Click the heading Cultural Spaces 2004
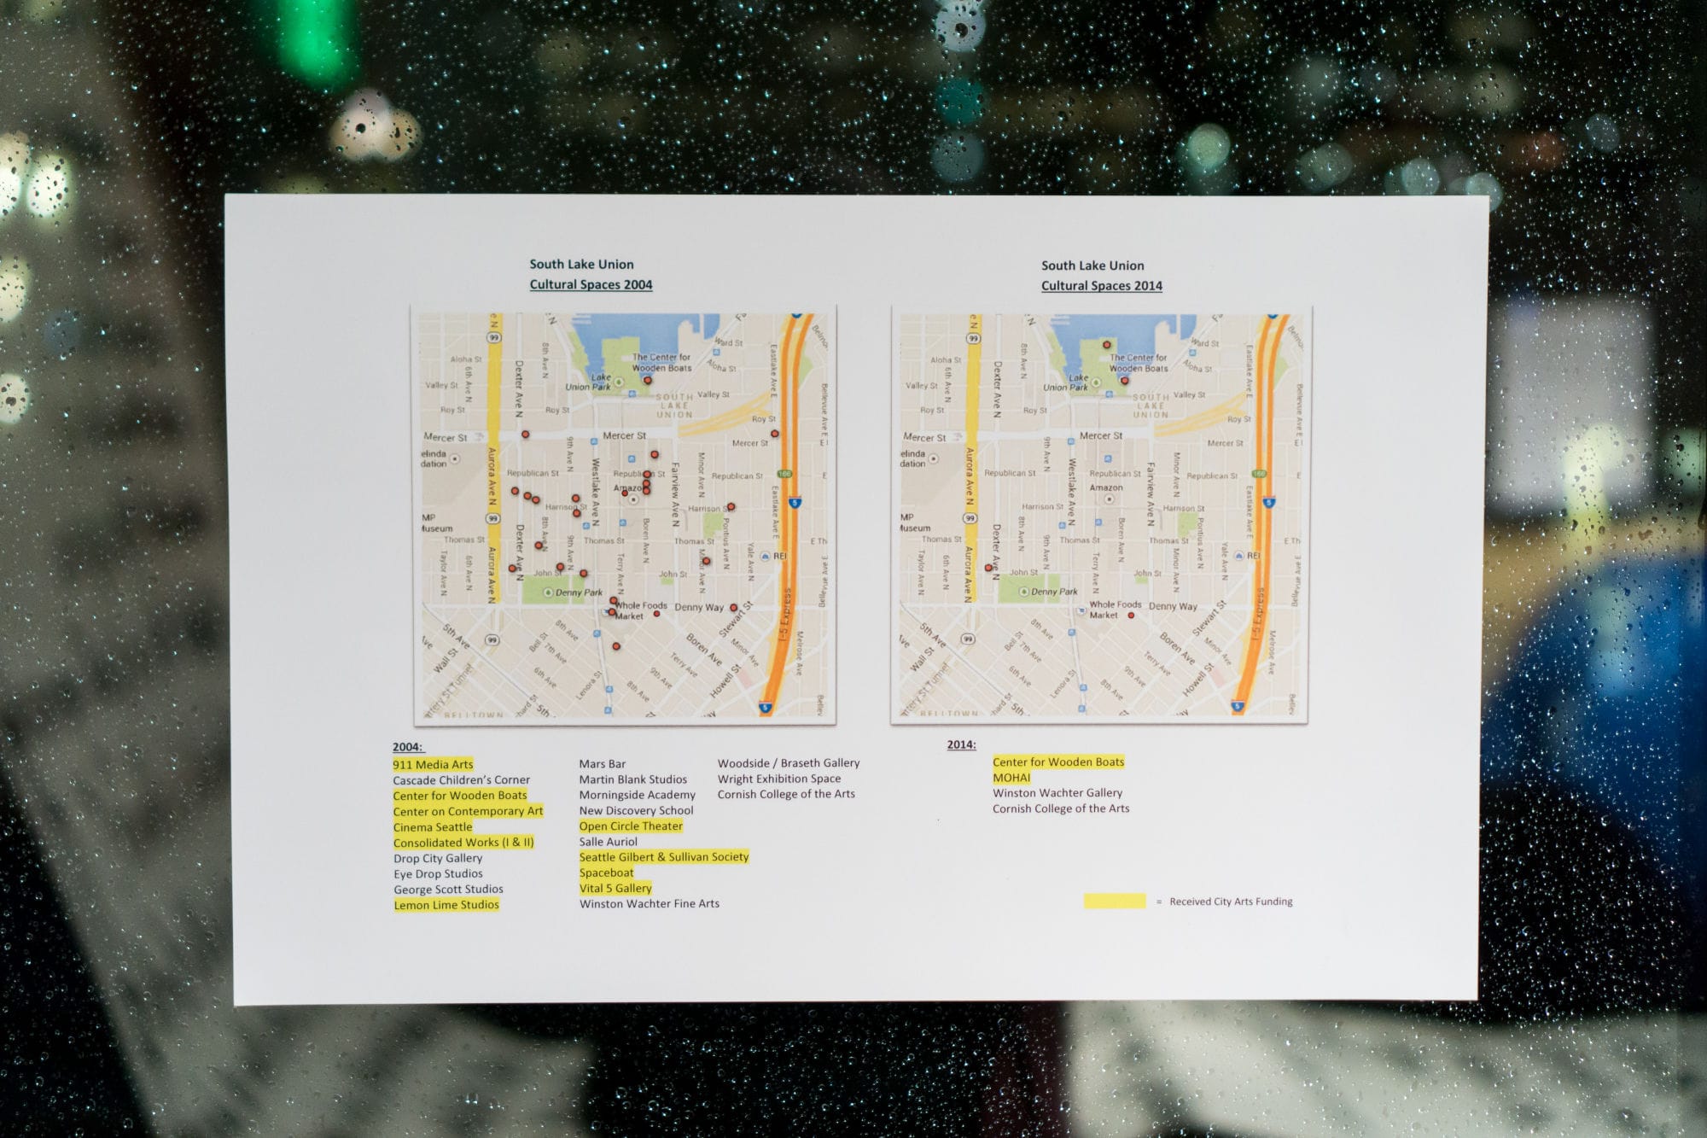click(591, 284)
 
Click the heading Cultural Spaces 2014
click(1101, 285)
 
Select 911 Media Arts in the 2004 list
click(433, 764)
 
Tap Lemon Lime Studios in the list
click(446, 905)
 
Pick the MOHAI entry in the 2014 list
click(1011, 778)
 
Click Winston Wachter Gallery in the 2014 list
click(1057, 793)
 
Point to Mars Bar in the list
click(602, 764)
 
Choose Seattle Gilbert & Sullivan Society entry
click(663, 857)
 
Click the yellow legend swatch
click(1114, 902)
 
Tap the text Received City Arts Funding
click(1231, 902)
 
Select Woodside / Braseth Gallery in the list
click(788, 763)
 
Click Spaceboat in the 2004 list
click(606, 872)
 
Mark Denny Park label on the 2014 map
click(1054, 592)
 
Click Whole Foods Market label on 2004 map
click(641, 610)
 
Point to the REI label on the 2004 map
click(779, 556)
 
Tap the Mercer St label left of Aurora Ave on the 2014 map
click(924, 437)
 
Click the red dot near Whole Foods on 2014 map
click(1131, 615)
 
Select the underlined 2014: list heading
click(961, 745)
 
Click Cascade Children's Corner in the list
click(461, 780)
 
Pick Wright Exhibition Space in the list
click(778, 779)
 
